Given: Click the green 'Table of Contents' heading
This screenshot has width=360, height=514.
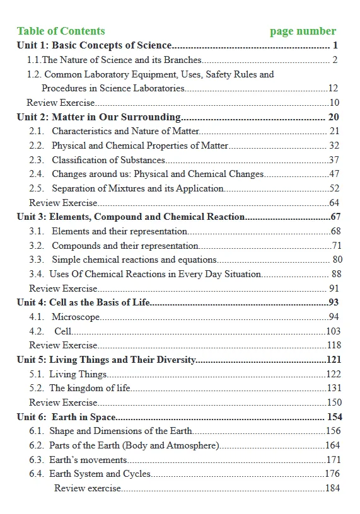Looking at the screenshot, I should coord(61,31).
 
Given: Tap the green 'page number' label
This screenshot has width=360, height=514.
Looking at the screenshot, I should coord(303,31).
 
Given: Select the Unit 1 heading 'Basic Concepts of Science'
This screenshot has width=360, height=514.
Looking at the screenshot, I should coord(94,45).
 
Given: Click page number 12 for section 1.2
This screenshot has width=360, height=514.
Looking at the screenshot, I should coord(334,89).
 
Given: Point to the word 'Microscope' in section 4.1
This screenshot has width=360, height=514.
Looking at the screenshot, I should coord(76,317).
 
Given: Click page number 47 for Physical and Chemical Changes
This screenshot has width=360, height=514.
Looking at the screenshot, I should coord(334,174).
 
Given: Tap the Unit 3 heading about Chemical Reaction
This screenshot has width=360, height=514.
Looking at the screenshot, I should coord(131,217).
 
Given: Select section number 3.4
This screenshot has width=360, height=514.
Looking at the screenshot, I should coord(37,274).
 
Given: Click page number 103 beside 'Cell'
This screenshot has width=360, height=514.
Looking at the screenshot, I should coord(333,331).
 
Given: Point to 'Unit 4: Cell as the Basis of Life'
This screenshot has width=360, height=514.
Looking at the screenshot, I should coord(83,302).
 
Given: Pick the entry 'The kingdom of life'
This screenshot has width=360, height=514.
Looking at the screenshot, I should coord(90,388).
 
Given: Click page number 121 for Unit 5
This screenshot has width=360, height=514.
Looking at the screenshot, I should coord(334,360).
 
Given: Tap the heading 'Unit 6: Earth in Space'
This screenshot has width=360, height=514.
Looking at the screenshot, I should coord(66,417).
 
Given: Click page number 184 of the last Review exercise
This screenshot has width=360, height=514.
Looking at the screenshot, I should coord(332,489).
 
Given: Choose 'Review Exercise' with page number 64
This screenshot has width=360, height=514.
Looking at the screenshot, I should coord(63,203).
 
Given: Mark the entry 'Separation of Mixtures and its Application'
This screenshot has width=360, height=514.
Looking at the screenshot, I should coord(137,188).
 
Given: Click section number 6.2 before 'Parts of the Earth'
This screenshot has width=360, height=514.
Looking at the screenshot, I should coord(37,445).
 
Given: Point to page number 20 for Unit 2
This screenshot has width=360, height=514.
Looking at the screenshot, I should coord(334,117).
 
